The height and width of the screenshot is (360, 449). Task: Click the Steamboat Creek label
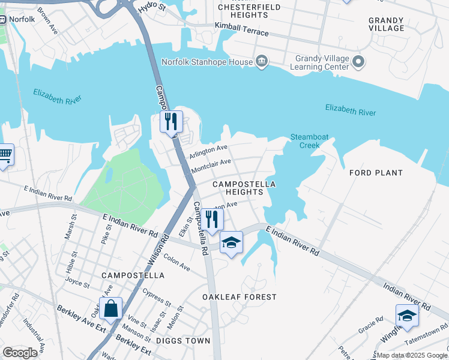point(309,141)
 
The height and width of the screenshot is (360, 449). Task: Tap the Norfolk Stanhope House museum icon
point(262,61)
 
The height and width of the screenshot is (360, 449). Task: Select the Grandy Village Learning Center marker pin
point(359,61)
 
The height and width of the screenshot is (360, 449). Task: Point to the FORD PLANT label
point(376,173)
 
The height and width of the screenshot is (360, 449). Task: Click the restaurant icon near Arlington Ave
point(171,122)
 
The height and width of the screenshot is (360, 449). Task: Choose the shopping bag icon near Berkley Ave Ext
point(111,309)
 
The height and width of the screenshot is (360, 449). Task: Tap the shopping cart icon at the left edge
point(5,155)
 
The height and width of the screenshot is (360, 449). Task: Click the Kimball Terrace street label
point(242,29)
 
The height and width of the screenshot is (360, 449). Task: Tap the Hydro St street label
point(152,8)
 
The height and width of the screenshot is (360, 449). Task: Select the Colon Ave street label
point(176,263)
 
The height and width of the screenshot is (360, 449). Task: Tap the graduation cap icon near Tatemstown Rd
point(407,316)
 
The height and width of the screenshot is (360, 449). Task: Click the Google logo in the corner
point(20,353)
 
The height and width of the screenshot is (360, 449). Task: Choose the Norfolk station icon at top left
point(2,19)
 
